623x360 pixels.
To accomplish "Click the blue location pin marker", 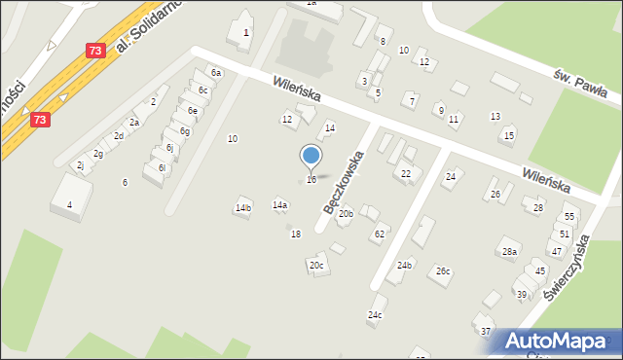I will pos(311,156).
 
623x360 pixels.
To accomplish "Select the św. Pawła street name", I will pos(581,85).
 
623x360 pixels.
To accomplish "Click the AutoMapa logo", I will pos(558,341).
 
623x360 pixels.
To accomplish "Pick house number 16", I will pos(311,179).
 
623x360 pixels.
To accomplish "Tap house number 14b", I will pos(243,207).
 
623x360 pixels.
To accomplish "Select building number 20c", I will pos(315,265).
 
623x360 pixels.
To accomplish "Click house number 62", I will pos(380,234).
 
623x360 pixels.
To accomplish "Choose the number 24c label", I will pos(375,314).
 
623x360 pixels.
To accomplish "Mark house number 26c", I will pos(443,270).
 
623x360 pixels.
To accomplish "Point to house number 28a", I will pos(508,252).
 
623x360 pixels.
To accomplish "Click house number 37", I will pos(486,331).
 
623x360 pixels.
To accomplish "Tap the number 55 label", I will pos(569,216).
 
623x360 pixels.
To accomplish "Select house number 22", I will pos(406,172).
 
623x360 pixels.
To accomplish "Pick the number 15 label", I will pos(509,135).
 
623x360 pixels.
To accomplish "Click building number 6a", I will pos(217,72).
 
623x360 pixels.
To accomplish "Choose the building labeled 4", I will pos(69,204).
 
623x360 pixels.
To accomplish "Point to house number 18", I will pos(296,234).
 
